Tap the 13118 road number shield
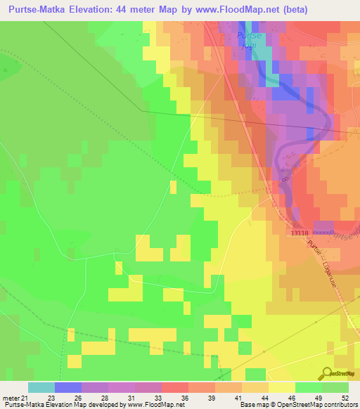tap(299, 233)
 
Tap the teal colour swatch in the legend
tap(41, 387)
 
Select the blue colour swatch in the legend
tap(68, 387)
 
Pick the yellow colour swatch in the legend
tap(281, 387)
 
